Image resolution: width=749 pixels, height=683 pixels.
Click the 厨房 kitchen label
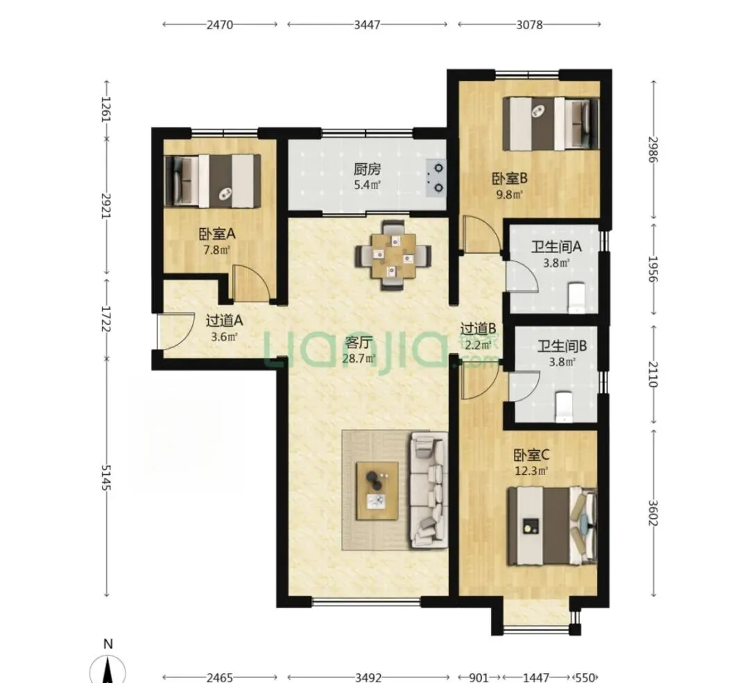point(367,169)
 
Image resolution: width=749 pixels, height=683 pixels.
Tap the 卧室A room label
point(217,234)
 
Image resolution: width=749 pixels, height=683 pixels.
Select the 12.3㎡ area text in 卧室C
point(531,471)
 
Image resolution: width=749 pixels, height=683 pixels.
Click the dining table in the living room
point(393,255)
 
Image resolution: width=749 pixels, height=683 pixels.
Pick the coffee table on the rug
point(377,491)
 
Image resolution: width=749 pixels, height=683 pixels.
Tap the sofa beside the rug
point(428,490)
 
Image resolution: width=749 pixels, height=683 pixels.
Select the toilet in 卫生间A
point(577,297)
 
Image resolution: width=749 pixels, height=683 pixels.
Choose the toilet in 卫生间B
point(564,407)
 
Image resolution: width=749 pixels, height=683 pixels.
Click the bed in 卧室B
point(551,123)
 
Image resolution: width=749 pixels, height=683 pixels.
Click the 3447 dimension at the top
point(367,24)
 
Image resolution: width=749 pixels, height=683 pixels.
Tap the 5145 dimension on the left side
point(105,477)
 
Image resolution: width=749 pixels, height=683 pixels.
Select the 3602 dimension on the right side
point(653,512)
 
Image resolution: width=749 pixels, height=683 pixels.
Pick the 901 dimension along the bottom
point(479,677)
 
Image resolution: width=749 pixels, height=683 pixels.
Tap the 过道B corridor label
point(478,329)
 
